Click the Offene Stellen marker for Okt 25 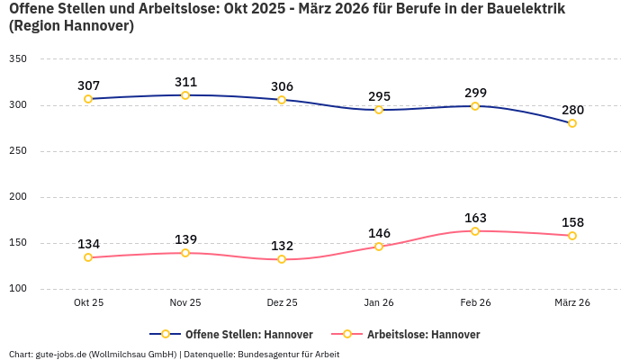(88, 99)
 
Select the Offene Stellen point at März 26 (572, 123)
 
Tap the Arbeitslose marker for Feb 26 (475, 231)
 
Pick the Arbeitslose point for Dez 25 (282, 259)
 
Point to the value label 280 (572, 110)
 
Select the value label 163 (475, 218)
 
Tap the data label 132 (282, 246)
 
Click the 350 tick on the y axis (18, 59)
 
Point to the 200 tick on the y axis (18, 197)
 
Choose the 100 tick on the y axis (18, 289)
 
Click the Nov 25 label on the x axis (185, 303)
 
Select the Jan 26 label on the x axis (379, 303)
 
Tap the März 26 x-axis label (572, 303)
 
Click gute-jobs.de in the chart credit (60, 355)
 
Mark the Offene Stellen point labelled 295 (379, 110)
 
